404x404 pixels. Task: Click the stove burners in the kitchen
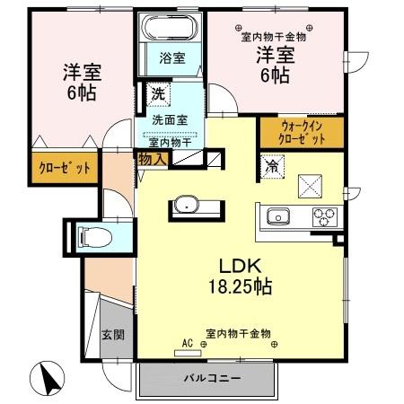coord(323,216)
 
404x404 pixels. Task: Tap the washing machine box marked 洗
coord(157,92)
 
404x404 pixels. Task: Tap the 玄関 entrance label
coord(112,336)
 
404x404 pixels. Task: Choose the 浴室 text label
coord(172,58)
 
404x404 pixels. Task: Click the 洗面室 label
coord(169,119)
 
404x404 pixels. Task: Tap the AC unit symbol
coord(189,348)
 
